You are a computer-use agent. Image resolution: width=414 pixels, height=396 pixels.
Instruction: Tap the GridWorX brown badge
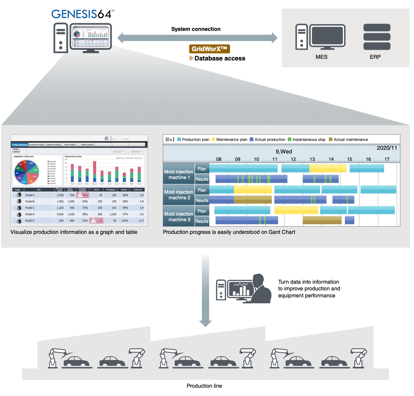(x=209, y=49)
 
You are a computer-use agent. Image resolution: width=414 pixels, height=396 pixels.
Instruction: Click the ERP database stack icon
(x=377, y=37)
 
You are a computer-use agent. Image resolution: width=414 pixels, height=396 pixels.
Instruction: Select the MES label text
(x=321, y=57)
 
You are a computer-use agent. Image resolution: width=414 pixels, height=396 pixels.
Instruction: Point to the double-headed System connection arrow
(x=197, y=38)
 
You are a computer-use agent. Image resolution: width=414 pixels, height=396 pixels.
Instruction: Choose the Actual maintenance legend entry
(x=349, y=140)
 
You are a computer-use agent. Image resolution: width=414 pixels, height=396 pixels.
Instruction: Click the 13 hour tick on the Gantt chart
(x=312, y=159)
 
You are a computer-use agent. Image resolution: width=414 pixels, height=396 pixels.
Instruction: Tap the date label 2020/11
(x=387, y=148)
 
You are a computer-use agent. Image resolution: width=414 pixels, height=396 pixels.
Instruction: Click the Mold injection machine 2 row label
(x=179, y=195)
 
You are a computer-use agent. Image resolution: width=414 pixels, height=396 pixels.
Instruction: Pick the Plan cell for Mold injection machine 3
(x=202, y=211)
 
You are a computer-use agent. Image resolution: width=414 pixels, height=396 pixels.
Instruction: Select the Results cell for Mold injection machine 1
(x=202, y=179)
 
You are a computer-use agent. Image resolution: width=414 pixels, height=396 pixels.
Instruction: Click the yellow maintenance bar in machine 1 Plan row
(x=328, y=168)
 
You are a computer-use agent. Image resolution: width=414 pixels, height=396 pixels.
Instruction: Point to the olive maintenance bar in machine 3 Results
(x=322, y=220)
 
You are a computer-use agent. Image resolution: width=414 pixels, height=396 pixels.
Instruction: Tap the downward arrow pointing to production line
(x=206, y=289)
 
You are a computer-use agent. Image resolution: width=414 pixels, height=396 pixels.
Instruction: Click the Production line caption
(x=204, y=386)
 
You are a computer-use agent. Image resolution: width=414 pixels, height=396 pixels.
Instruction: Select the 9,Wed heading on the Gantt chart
(x=284, y=151)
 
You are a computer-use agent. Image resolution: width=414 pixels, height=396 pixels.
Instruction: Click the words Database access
(x=220, y=58)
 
